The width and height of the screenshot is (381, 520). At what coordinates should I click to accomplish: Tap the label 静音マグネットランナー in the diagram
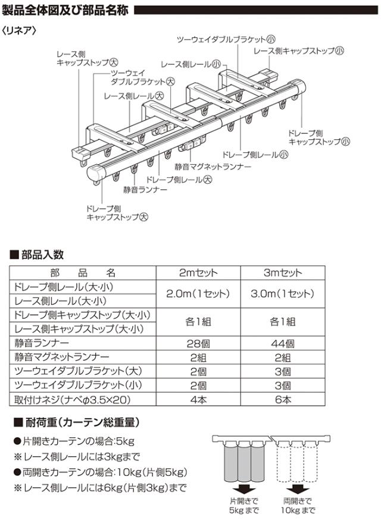[x=209, y=167]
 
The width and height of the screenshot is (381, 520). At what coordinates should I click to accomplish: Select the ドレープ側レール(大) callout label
[x=179, y=178]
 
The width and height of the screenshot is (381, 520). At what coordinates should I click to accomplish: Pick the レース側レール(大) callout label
[x=133, y=96]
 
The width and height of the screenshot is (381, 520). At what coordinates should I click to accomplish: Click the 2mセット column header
[x=198, y=273]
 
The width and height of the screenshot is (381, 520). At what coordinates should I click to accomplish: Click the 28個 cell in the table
[x=198, y=343]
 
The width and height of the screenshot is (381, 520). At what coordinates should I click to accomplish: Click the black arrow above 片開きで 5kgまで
[x=239, y=486]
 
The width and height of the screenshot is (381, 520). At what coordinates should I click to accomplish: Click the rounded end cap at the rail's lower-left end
[x=98, y=174]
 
